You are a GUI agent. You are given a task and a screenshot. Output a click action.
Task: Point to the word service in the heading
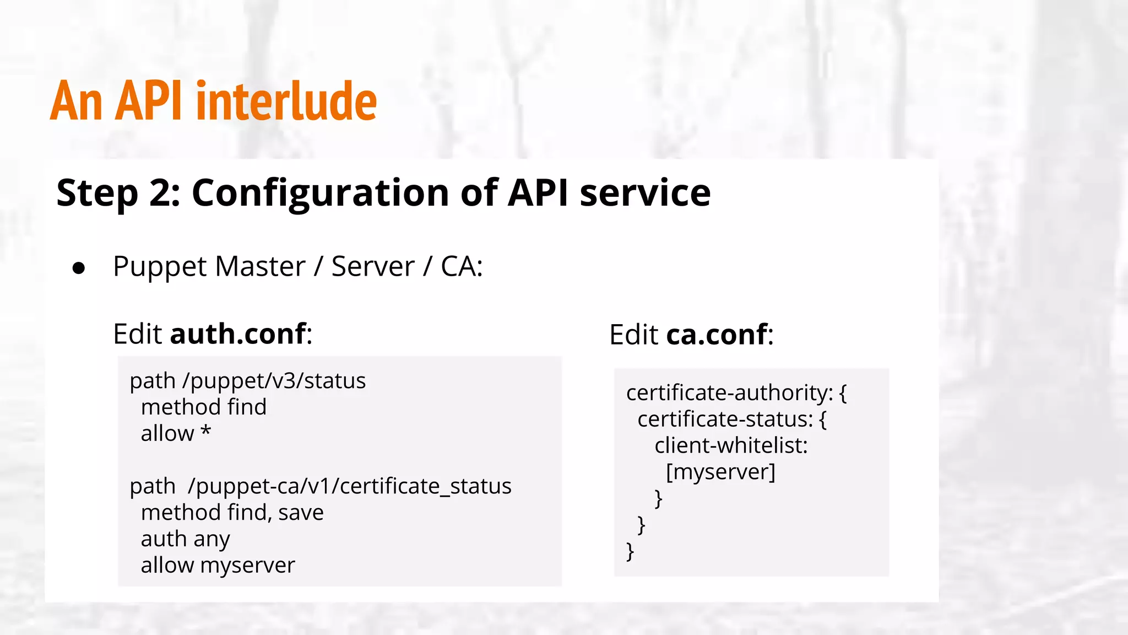tap(645, 193)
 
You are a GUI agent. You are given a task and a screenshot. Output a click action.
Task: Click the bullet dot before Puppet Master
tap(79, 268)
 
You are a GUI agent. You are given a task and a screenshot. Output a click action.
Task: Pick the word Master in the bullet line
tap(260, 267)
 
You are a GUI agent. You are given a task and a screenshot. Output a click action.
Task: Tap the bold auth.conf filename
tap(238, 334)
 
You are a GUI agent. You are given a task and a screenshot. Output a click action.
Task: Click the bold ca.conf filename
tap(716, 335)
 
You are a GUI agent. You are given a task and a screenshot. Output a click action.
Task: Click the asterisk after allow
tap(205, 432)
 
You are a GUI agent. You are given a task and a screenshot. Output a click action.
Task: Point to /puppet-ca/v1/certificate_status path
tap(349, 486)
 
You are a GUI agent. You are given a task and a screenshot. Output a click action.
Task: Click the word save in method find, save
tap(301, 513)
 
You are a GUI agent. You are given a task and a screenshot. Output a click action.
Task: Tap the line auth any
tap(185, 539)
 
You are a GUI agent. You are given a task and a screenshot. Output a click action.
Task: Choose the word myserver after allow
tap(247, 566)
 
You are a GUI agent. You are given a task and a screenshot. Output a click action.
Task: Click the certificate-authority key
tap(729, 393)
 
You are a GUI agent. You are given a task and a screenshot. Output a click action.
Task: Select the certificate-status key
tap(724, 419)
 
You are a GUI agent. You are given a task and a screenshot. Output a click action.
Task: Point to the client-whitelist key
tap(730, 445)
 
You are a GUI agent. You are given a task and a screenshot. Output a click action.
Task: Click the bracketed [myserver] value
tap(720, 472)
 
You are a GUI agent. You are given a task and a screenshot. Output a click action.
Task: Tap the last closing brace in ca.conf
tap(630, 551)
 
